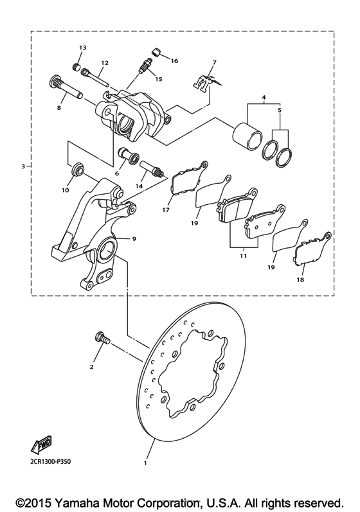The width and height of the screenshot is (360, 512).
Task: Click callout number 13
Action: tap(82, 48)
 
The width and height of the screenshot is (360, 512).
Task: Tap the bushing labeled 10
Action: tap(77, 170)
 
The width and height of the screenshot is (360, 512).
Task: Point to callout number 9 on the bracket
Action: tap(134, 239)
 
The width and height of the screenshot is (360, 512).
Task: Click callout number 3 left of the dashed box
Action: tap(23, 166)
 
